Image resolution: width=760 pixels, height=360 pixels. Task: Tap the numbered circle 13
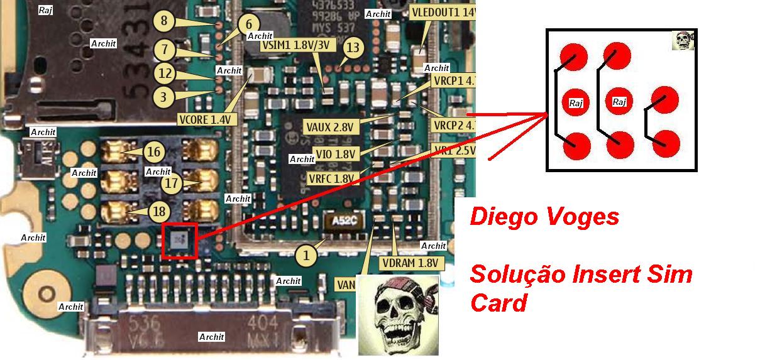coord(354,47)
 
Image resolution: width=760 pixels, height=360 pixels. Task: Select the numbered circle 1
coord(306,255)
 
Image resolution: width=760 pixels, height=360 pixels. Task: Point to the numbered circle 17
coord(172,183)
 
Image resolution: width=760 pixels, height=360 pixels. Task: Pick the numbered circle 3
coord(163,97)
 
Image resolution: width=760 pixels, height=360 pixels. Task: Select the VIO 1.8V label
coord(336,153)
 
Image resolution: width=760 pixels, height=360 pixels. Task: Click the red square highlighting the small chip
coord(180,239)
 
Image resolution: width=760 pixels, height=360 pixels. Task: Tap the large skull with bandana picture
coord(397,314)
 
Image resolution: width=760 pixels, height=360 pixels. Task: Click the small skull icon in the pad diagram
coord(682,41)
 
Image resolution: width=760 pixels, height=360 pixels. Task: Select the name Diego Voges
coord(544,217)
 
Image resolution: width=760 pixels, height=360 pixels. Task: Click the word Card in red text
coord(498,303)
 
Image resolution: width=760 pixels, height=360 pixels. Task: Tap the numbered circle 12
coord(164,74)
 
